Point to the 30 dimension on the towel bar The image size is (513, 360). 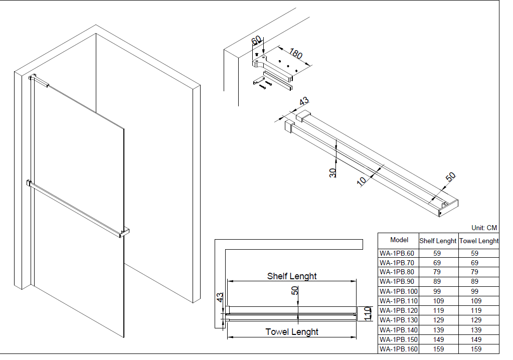tap(333, 172)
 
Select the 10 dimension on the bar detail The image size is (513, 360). tap(362, 181)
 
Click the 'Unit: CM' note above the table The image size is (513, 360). tap(484, 228)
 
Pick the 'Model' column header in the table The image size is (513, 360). tap(399, 240)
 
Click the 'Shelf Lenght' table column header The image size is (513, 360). tap(438, 241)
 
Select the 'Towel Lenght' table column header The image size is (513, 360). tap(479, 241)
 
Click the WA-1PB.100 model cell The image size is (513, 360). tap(398, 291)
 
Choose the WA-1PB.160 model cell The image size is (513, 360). tap(398, 349)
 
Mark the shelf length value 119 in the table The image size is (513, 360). tap(438, 310)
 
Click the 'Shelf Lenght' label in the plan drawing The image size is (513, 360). tap(292, 276)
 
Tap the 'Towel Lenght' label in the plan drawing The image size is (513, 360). tap(292, 332)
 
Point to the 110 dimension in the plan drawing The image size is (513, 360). tap(368, 314)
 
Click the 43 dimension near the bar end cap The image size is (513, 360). tap(303, 101)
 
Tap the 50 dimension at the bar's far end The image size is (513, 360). tap(451, 177)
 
